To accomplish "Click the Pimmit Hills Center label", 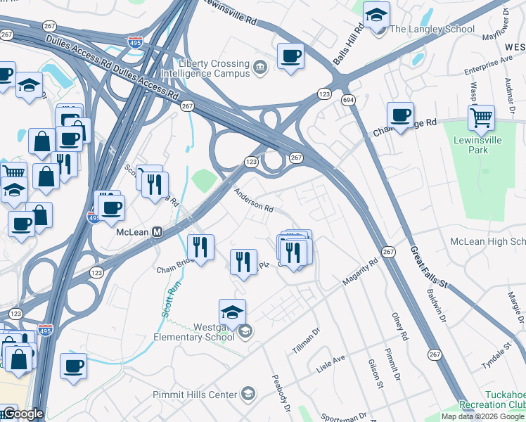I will [x=195, y=395].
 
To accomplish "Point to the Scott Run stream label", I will [x=169, y=299].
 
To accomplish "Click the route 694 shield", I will [x=349, y=101].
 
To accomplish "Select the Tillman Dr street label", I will [x=306, y=340].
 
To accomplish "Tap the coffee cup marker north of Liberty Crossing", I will [x=290, y=56].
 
